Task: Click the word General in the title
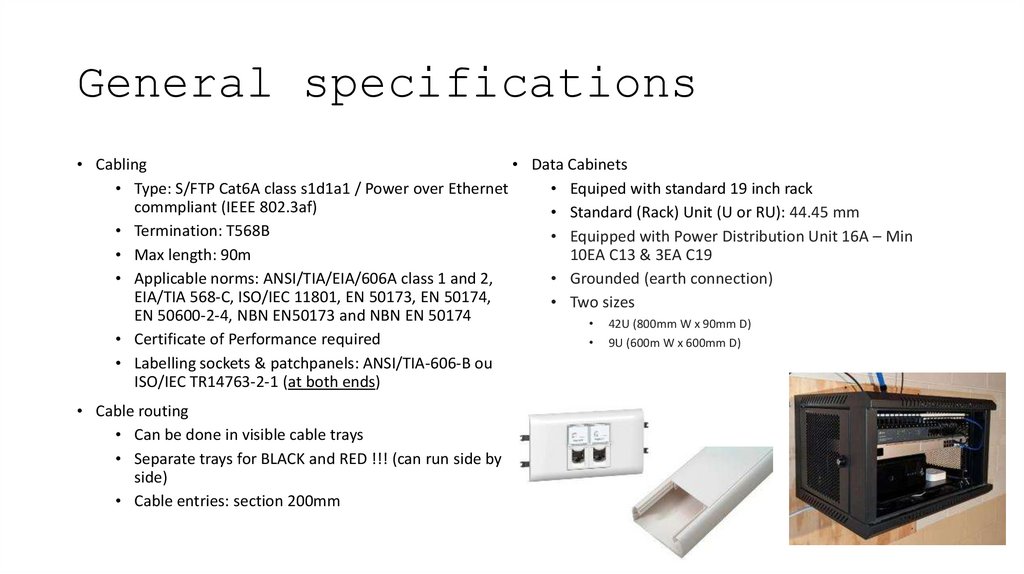(x=174, y=83)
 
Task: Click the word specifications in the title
(x=499, y=83)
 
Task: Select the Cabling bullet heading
(x=121, y=164)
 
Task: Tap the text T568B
(x=248, y=231)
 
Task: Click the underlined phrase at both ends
(x=331, y=382)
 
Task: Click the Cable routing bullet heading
(x=141, y=411)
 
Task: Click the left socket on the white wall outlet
(x=577, y=446)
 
